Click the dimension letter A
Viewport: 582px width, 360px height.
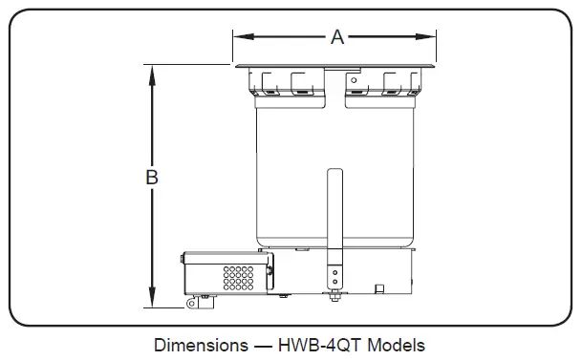coord(336,37)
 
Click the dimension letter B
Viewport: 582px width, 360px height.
coord(151,178)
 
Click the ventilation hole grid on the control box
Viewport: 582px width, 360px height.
coord(238,278)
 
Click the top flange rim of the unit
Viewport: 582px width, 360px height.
coord(334,66)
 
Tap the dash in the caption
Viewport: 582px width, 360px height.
coord(260,345)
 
